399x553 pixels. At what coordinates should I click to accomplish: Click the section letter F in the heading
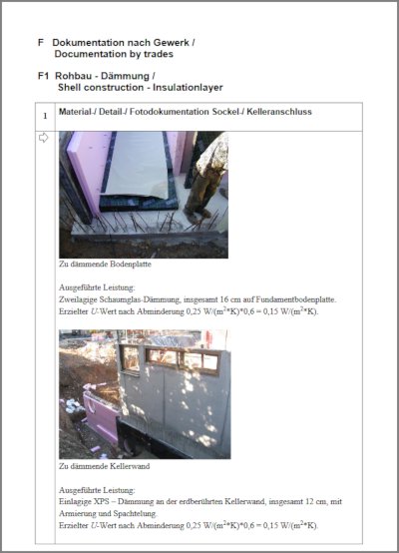(x=40, y=43)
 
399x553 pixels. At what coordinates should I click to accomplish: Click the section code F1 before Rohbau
(x=43, y=74)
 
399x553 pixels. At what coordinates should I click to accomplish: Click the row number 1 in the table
(x=43, y=115)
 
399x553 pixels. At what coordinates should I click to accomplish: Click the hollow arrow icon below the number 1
(x=43, y=138)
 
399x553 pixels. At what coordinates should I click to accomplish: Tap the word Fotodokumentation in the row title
(x=175, y=112)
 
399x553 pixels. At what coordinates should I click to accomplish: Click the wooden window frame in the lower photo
(x=169, y=359)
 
